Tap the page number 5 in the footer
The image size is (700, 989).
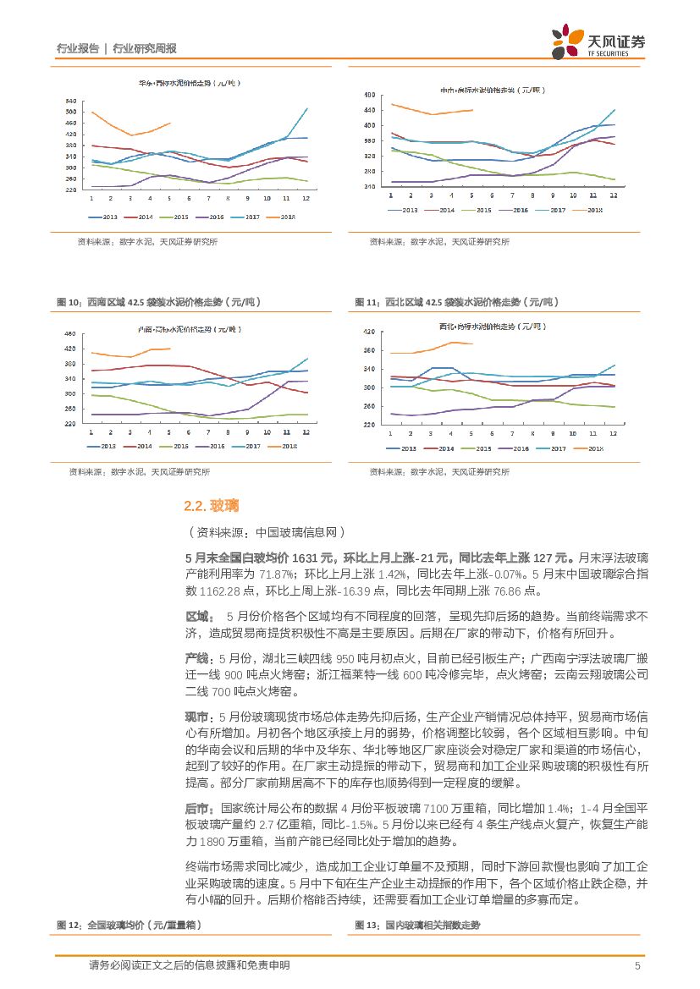pyautogui.click(x=637, y=965)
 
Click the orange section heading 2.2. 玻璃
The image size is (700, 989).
pyautogui.click(x=211, y=506)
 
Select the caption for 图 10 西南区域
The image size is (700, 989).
pyautogui.click(x=157, y=302)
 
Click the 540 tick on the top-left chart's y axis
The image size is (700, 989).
pyautogui.click(x=71, y=100)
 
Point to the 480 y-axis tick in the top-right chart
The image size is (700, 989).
pyautogui.click(x=369, y=95)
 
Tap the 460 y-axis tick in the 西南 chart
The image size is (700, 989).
pyautogui.click(x=71, y=334)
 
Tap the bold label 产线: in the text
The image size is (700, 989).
pyautogui.click(x=200, y=658)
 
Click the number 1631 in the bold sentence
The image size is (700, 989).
pyautogui.click(x=306, y=558)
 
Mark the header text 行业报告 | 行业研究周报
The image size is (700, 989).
pyautogui.click(x=116, y=48)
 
